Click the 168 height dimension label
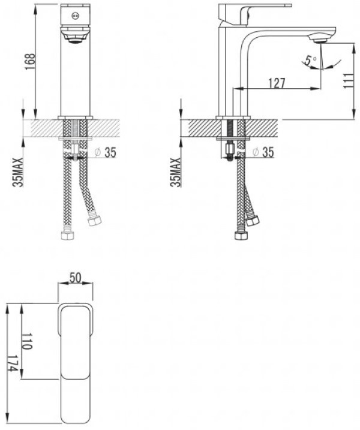pyautogui.click(x=31, y=61)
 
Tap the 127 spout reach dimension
pyautogui.click(x=277, y=83)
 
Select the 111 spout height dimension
pyautogui.click(x=349, y=80)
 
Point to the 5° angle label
pyautogui.click(x=311, y=60)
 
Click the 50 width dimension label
pyautogui.click(x=75, y=278)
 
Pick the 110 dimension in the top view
pyautogui.click(x=27, y=341)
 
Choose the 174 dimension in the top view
pyautogui.click(x=13, y=363)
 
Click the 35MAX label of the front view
pyautogui.click(x=18, y=173)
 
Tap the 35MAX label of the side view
pyautogui.click(x=176, y=173)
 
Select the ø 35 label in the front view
pyautogui.click(x=105, y=152)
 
